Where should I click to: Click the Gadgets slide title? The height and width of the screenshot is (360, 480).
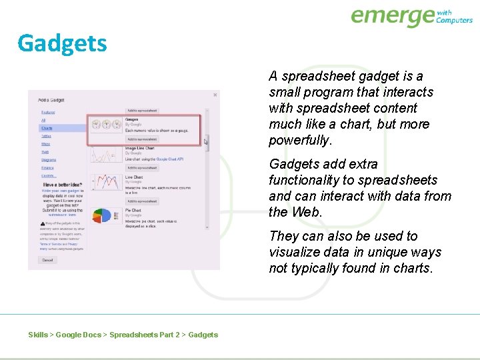[x=62, y=43]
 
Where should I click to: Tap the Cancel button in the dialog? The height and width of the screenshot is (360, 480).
[x=47, y=259]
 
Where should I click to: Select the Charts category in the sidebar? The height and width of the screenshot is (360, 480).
[x=47, y=128]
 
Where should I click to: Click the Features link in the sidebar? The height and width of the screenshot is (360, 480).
[x=48, y=112]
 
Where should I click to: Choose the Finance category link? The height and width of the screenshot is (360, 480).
[x=48, y=168]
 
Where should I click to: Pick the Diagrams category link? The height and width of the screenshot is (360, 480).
[x=49, y=160]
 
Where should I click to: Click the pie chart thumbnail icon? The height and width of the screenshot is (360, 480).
[x=102, y=215]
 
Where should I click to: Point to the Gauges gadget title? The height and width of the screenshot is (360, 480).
[x=131, y=119]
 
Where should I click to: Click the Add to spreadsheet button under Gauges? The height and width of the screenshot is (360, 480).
[x=141, y=139]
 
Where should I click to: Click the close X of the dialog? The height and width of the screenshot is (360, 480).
[x=215, y=95]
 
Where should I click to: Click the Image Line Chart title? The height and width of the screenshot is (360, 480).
[x=140, y=148]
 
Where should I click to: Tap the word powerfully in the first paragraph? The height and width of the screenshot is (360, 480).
[x=299, y=141]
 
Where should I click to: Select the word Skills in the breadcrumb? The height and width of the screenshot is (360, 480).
[x=38, y=335]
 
